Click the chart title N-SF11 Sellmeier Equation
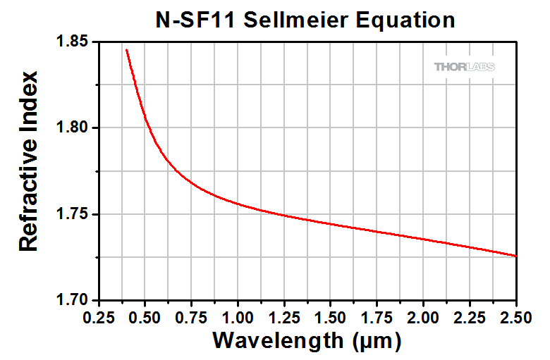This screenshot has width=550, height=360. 305,20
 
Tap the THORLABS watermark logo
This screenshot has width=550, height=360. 464,67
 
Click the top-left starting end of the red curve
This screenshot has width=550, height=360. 127,50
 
